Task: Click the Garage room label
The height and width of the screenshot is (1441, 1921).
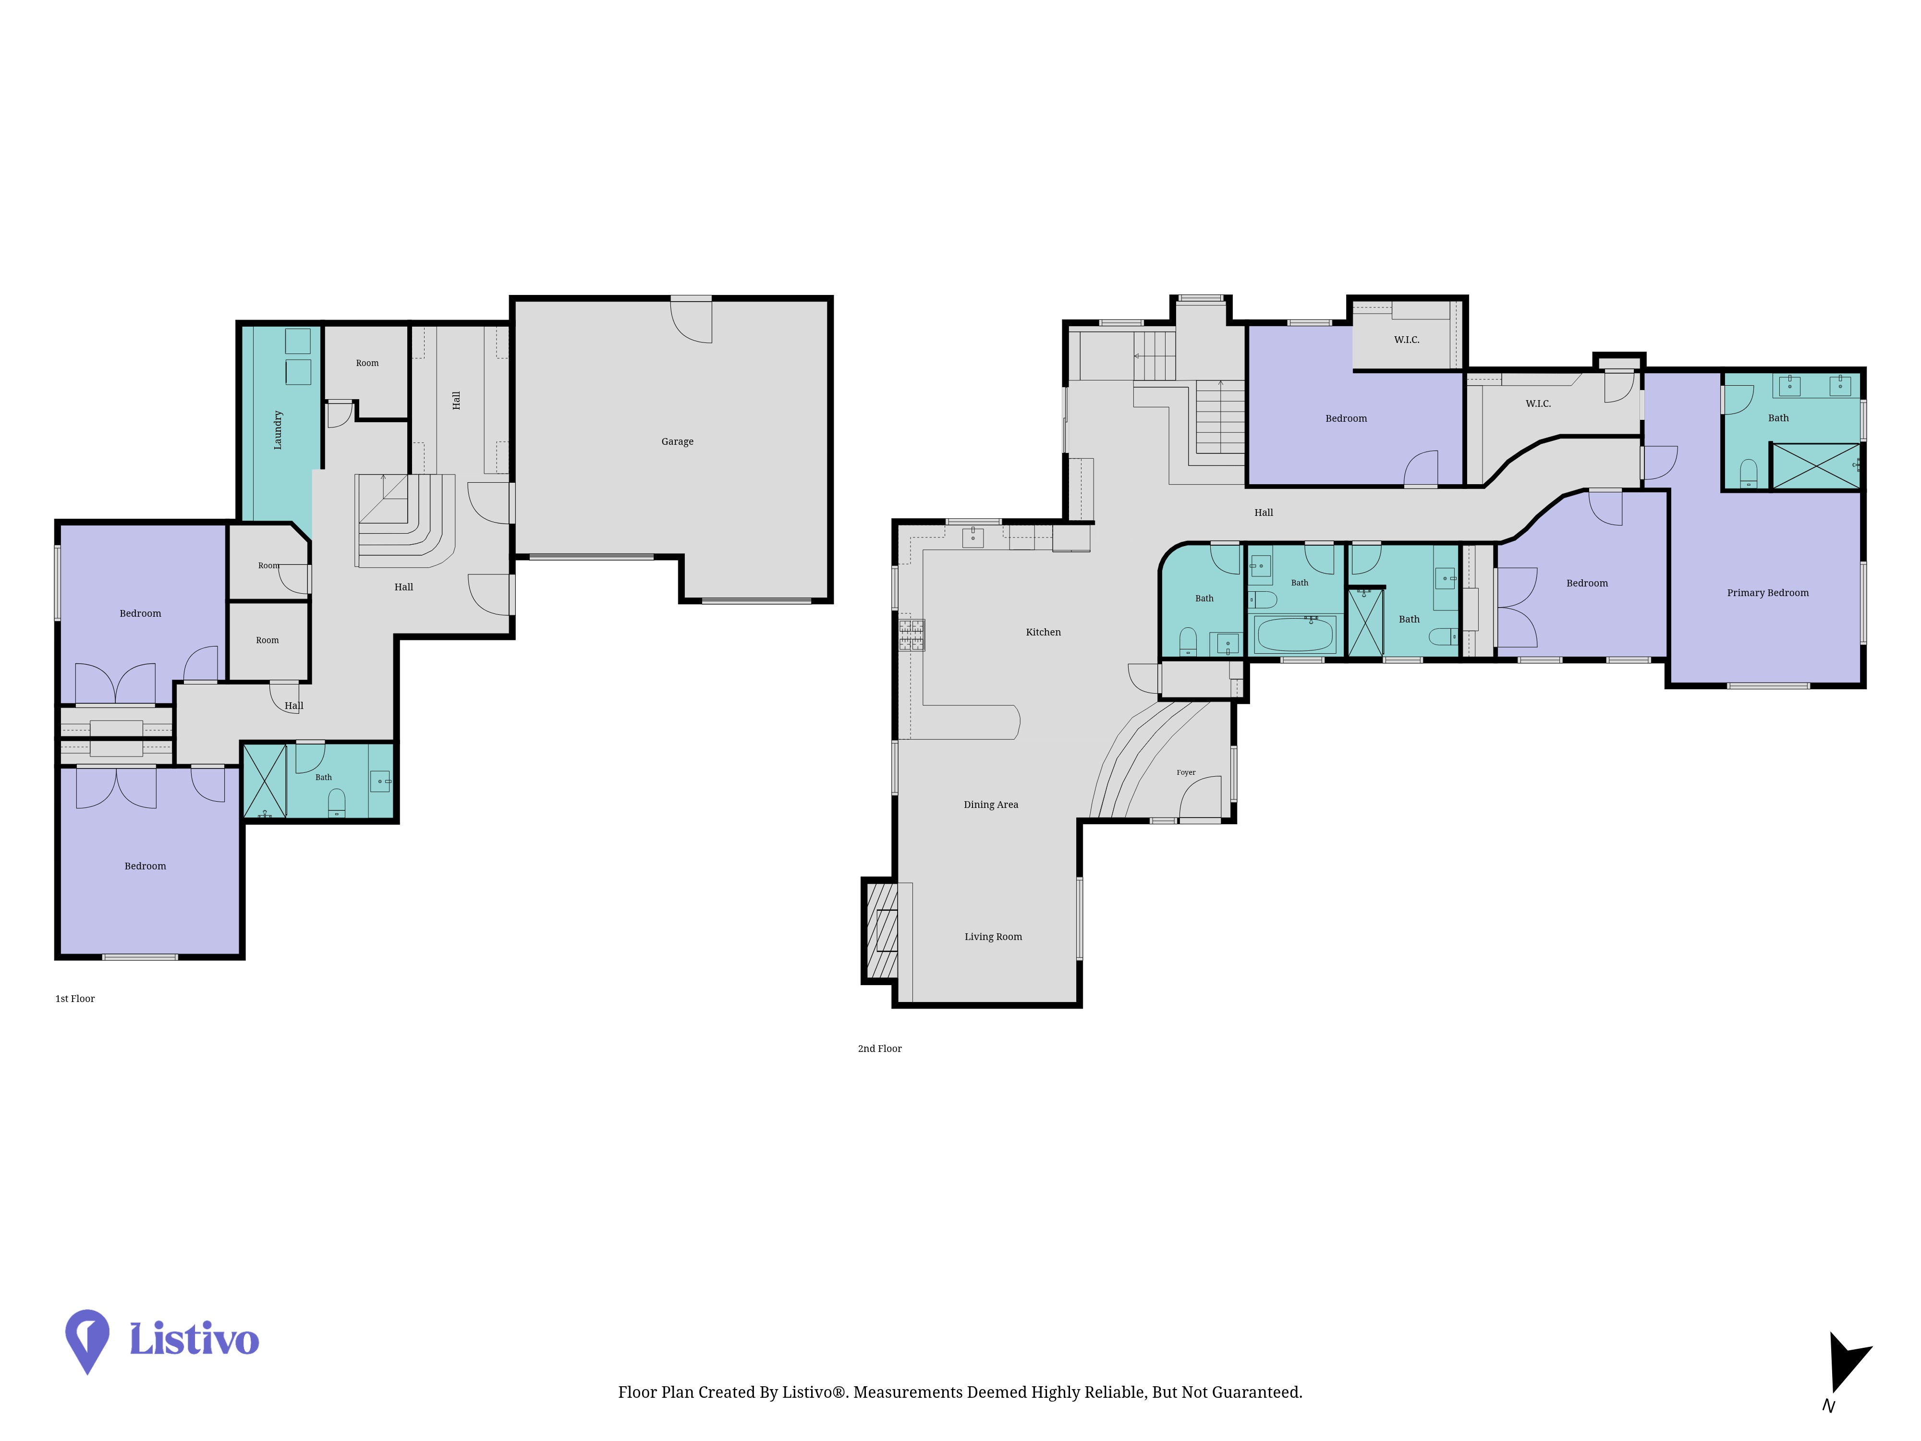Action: (677, 441)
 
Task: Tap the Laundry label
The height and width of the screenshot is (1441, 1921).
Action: (278, 430)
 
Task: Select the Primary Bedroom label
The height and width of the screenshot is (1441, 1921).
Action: (1767, 592)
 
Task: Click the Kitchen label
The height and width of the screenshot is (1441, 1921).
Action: (1043, 632)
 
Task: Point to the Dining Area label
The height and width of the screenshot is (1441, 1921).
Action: (991, 805)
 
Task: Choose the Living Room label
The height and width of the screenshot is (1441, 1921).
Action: (993, 936)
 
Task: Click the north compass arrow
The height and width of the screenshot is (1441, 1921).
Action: (1847, 1361)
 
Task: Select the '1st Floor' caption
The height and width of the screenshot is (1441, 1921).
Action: (75, 999)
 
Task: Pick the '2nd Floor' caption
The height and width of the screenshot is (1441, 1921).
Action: (880, 1049)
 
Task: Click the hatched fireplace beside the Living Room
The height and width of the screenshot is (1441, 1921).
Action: (881, 930)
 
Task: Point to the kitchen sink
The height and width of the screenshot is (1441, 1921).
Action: (973, 537)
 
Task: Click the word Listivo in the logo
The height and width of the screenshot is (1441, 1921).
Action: (194, 1339)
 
